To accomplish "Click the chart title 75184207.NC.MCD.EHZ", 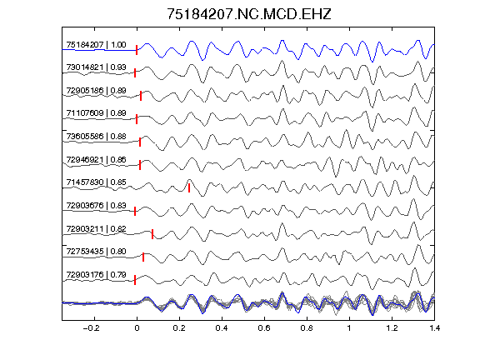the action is tap(249, 14).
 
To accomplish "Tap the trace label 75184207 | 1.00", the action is tap(96, 45).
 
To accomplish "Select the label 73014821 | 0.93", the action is tap(96, 67).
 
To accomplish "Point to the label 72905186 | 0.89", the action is tap(96, 91).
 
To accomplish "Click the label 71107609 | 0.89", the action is tap(96, 113).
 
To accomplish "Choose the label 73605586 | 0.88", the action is tap(96, 136).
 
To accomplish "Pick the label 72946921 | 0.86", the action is tap(96, 159).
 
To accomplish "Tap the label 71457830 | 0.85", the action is tap(96, 182).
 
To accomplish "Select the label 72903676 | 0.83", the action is tap(96, 205).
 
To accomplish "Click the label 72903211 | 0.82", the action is tap(96, 229).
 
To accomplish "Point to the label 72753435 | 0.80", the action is tap(96, 252).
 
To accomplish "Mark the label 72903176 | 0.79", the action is tap(96, 275).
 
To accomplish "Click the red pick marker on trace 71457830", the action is tap(189, 187).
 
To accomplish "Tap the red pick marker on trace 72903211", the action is tap(152, 234).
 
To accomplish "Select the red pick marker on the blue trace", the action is tap(137, 50).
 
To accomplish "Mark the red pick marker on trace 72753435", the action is tap(143, 257).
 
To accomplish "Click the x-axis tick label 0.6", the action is tap(264, 328).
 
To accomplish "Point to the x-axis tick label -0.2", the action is tap(91, 328).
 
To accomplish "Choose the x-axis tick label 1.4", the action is tap(434, 328).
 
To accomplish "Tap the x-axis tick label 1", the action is tap(349, 328).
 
